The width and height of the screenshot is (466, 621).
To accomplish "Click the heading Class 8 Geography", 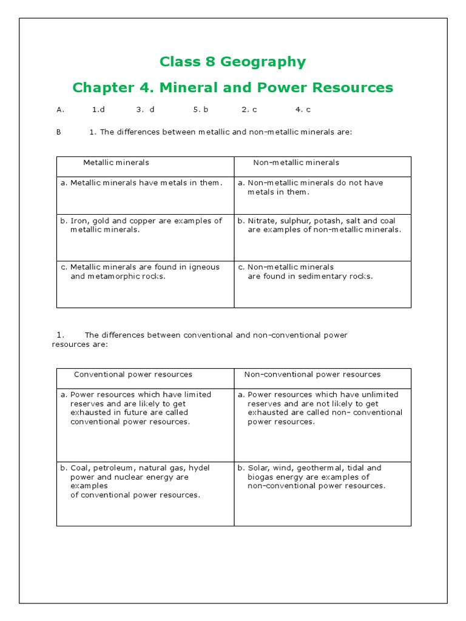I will [x=232, y=62].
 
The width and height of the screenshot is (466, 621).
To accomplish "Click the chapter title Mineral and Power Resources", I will [x=232, y=88].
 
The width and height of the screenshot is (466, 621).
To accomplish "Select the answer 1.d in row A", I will [x=98, y=110].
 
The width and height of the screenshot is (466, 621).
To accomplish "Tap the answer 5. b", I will [x=201, y=110].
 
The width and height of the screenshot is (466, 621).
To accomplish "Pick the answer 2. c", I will [x=249, y=110].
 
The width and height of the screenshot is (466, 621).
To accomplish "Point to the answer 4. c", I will [x=303, y=110].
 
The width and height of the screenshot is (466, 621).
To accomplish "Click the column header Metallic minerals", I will [x=116, y=163].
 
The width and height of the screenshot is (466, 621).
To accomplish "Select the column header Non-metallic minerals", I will [x=296, y=163].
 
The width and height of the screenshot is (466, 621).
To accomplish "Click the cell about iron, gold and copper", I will [x=145, y=226].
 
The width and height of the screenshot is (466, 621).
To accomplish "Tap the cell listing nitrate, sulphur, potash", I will [x=322, y=226].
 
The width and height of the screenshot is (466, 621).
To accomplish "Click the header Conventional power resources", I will [x=133, y=375].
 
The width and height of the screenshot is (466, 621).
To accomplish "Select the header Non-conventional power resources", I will [x=312, y=375].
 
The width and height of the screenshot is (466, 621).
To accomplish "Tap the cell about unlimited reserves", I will [x=322, y=408].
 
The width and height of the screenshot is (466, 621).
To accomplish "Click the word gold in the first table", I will [x=103, y=221].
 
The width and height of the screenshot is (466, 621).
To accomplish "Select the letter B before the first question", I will [x=59, y=132].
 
